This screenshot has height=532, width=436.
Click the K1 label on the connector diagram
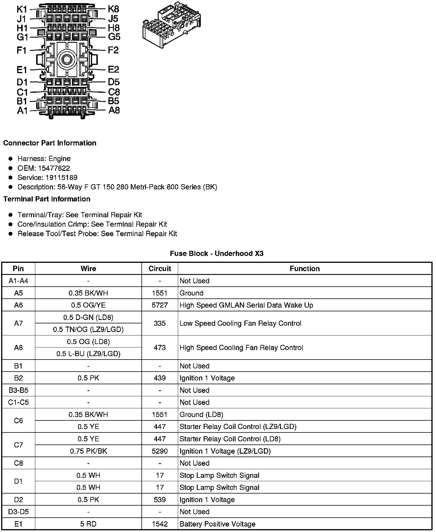(22, 9)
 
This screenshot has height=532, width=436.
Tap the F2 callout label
(113, 50)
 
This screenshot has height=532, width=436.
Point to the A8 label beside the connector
(114, 110)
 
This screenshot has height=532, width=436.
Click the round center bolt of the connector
(67, 60)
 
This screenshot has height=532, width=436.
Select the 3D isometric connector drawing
(171, 27)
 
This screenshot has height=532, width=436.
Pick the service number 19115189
(61, 178)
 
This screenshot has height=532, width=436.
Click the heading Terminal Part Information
(47, 199)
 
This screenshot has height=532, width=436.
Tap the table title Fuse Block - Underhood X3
(217, 254)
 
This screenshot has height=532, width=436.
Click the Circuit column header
(160, 269)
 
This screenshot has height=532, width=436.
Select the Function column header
(305, 269)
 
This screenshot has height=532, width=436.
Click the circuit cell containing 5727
(160, 305)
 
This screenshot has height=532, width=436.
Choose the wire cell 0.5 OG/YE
(88, 305)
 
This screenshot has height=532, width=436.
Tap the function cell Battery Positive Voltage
(217, 524)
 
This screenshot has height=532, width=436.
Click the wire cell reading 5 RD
(88, 524)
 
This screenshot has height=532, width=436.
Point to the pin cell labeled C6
(18, 421)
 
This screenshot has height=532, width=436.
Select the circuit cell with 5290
(160, 451)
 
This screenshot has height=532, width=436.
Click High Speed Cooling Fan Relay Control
(241, 348)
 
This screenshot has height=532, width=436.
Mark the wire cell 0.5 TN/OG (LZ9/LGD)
(88, 329)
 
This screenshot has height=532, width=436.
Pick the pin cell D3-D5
(18, 512)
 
